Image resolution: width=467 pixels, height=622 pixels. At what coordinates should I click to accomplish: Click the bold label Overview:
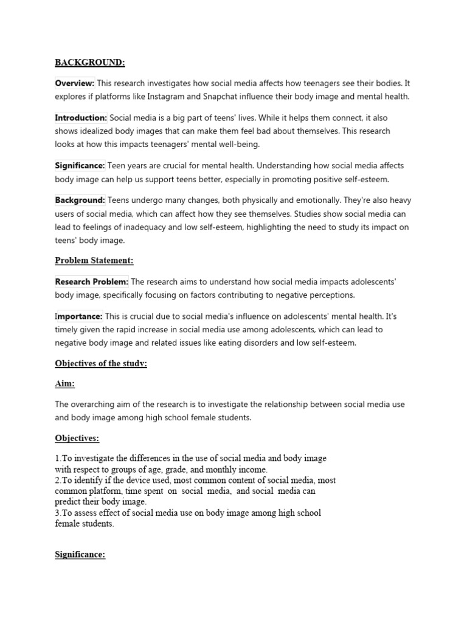click(75, 83)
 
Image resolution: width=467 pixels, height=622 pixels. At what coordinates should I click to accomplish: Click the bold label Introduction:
click(81, 118)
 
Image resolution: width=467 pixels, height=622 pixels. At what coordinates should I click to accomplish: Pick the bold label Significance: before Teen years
click(80, 166)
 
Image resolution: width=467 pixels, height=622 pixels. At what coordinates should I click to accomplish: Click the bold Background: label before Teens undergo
click(80, 200)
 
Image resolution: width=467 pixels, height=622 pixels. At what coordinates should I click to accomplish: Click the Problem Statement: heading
click(94, 261)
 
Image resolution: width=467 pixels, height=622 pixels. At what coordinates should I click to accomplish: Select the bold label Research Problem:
click(91, 282)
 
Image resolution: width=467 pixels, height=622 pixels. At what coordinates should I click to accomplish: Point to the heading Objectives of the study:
click(101, 363)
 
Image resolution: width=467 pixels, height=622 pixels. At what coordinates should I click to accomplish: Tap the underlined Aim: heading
click(66, 384)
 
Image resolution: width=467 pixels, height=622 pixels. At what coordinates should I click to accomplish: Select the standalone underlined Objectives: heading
click(77, 438)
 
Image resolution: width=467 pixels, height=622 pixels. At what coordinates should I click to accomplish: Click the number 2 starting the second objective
click(57, 480)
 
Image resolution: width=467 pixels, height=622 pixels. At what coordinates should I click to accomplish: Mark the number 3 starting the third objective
click(57, 513)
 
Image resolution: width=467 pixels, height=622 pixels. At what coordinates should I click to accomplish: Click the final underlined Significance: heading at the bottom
click(80, 555)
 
